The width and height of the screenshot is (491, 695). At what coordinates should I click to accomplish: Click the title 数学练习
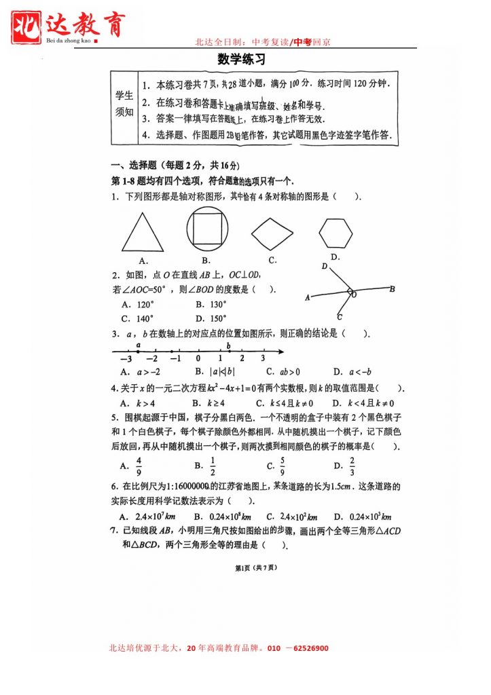pos(241,60)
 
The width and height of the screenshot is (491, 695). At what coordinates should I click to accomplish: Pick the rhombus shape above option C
pos(272,235)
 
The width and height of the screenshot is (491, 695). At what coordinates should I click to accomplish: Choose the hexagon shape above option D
pos(336,234)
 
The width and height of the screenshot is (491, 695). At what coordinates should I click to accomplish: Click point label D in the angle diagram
pos(325,267)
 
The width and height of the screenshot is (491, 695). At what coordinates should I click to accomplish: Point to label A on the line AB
pos(308,297)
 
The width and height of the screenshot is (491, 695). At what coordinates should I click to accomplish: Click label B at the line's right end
pos(392,289)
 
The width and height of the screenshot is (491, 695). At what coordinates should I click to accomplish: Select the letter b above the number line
pos(229,345)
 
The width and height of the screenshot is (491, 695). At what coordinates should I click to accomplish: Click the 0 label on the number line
pos(198,359)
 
